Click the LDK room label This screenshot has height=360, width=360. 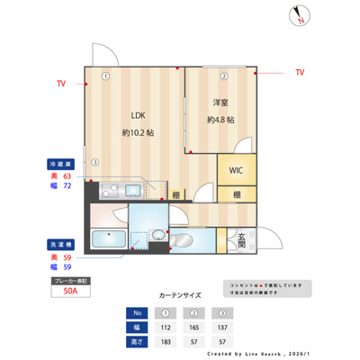tap(138, 115)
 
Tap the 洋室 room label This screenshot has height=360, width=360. tap(220, 103)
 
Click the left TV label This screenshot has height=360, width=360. tap(60, 84)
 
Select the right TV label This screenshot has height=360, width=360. tap(299, 71)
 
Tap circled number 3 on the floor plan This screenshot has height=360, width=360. tap(94, 162)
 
